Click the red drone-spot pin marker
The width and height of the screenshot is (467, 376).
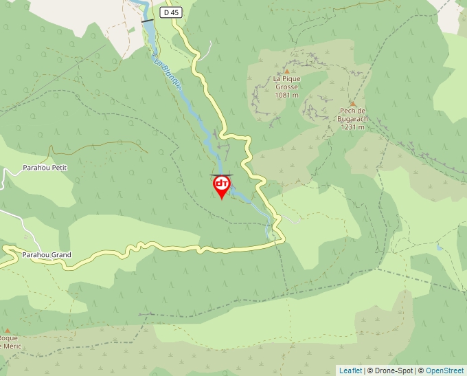click(x=221, y=186)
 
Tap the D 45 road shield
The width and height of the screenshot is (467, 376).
click(x=172, y=12)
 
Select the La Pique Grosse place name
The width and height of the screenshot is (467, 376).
click(x=287, y=82)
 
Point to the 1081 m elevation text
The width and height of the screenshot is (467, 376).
click(x=287, y=96)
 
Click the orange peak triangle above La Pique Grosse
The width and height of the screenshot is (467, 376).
click(x=286, y=71)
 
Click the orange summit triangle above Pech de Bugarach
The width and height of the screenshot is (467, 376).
click(x=353, y=104)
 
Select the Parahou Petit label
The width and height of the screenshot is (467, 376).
click(x=45, y=168)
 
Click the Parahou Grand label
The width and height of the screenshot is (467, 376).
click(x=46, y=255)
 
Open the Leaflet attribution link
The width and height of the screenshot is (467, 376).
click(x=350, y=371)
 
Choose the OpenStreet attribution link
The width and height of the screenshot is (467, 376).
click(x=444, y=371)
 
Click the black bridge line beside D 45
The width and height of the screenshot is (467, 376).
click(x=148, y=21)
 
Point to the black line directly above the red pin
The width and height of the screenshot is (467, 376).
click(x=221, y=175)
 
